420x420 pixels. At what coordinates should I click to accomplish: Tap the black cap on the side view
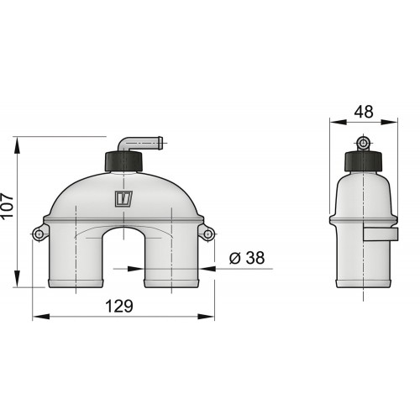click(363, 160)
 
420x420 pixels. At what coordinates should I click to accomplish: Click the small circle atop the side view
click(363, 140)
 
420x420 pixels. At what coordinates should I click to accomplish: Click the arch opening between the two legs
click(123, 260)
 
